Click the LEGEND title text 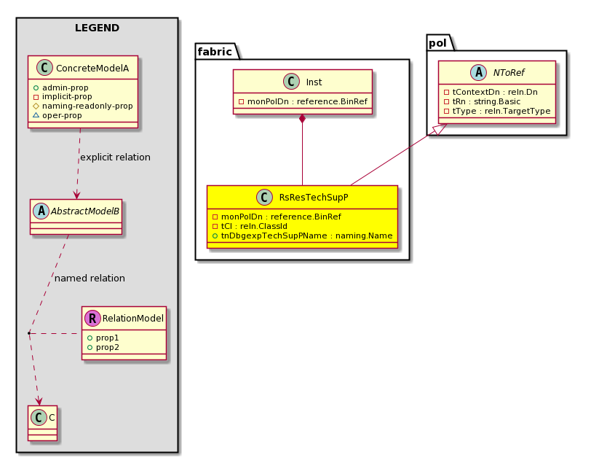tap(97, 28)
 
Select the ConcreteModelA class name tap(92, 68)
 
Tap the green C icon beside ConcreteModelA tap(44, 68)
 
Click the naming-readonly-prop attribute tap(87, 106)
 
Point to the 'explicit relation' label tap(115, 157)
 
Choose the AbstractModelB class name tap(85, 211)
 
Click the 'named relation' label tap(90, 279)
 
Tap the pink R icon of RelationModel tap(92, 319)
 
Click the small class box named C tap(43, 423)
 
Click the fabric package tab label tap(215, 51)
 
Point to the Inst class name tap(314, 82)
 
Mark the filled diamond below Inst tap(302, 119)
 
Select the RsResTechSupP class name tap(314, 197)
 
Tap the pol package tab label tap(437, 43)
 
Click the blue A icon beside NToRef tap(479, 72)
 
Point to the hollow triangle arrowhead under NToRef tap(440, 129)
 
